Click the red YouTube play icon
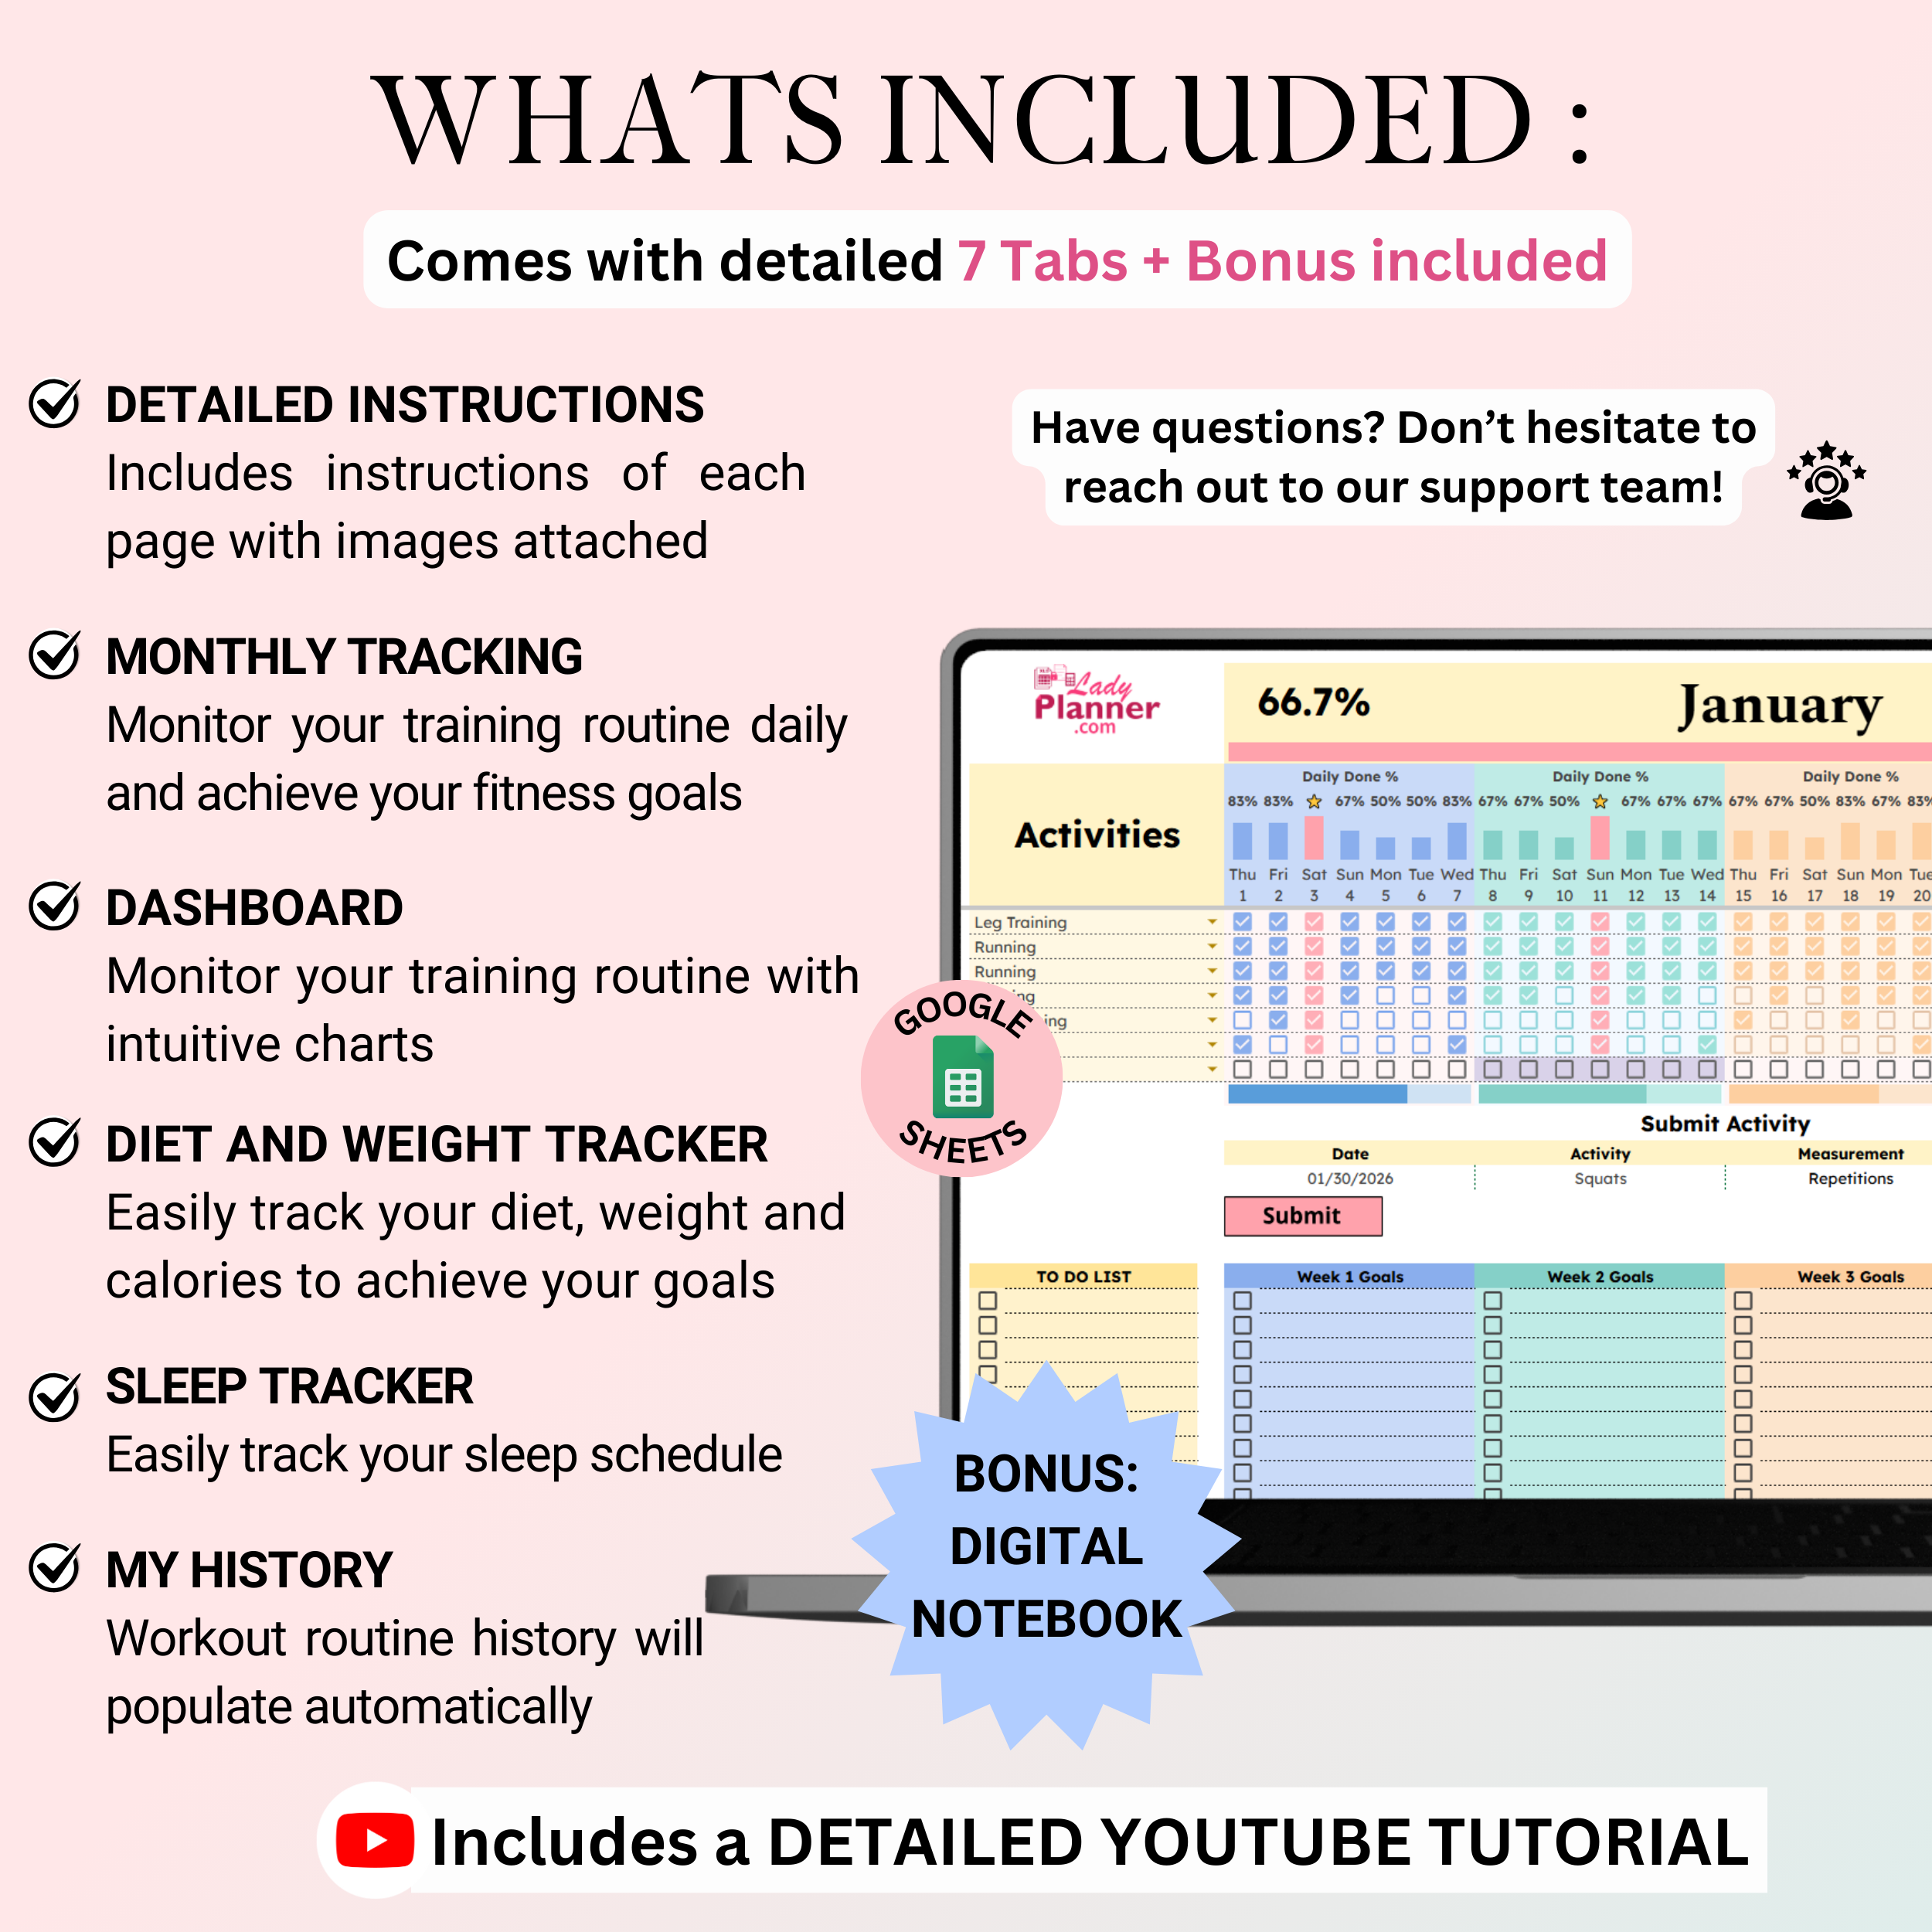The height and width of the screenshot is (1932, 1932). [375, 1840]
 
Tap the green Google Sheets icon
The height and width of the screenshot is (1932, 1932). [962, 1078]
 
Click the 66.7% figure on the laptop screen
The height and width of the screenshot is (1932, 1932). [1313, 702]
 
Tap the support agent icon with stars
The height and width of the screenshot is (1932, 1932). [1826, 481]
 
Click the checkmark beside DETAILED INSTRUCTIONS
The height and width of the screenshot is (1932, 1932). [54, 404]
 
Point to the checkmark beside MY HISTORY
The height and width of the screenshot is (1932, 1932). [54, 1567]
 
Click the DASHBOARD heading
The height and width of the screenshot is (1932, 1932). [254, 908]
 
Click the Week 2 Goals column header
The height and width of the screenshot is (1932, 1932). [1600, 1277]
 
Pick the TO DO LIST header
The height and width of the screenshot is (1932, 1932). [1083, 1277]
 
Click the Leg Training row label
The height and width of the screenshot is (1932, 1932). [1020, 923]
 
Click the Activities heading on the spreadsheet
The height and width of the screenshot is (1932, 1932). [1097, 835]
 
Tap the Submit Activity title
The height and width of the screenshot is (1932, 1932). [1725, 1124]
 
